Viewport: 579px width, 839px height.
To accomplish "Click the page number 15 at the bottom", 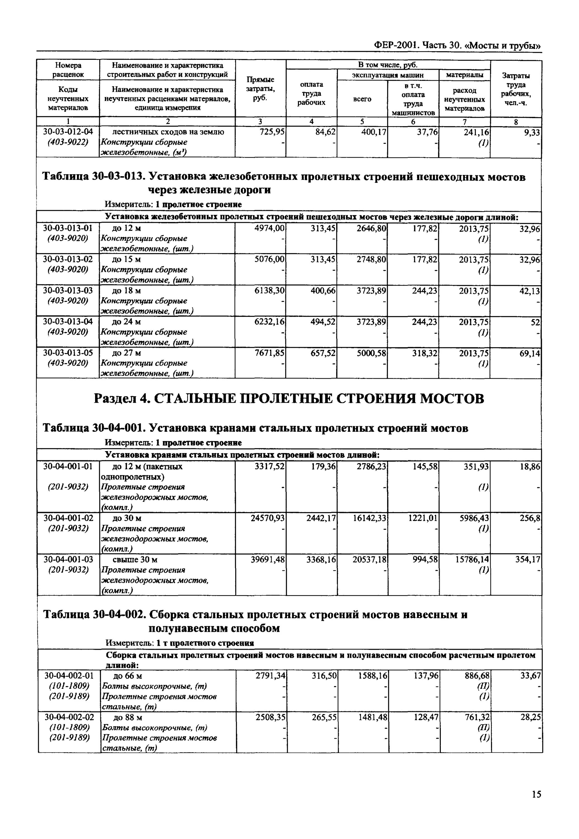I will click(536, 794).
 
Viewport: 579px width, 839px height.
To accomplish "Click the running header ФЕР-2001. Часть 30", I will click(457, 45).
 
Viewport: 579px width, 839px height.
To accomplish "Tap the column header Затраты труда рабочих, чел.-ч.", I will click(516, 89).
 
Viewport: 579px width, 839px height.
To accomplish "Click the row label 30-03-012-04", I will click(68, 132).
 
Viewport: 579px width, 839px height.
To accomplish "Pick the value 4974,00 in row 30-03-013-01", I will click(270, 228).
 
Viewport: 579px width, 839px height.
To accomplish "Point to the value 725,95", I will click(272, 132).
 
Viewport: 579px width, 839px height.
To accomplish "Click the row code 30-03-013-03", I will click(68, 291).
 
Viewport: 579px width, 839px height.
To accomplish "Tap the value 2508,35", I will click(270, 717).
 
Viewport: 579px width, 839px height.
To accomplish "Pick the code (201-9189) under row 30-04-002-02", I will click(69, 738).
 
